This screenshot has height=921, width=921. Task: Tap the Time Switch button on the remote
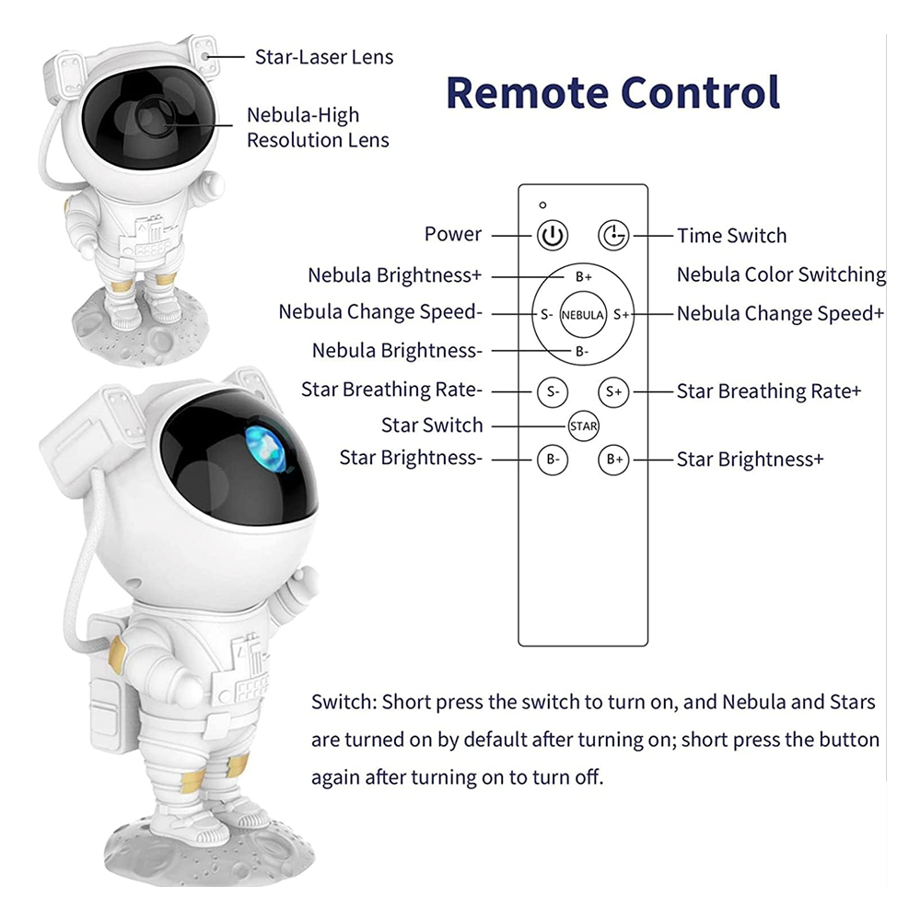point(613,235)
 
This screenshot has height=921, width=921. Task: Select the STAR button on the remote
point(583,426)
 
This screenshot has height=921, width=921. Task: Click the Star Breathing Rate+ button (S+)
point(613,391)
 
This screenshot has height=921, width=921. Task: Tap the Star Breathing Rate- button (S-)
point(553,391)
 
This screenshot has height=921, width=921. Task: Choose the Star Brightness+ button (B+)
point(613,459)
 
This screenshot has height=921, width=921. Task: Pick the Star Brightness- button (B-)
point(553,459)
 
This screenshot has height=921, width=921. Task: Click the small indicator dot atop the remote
point(543,204)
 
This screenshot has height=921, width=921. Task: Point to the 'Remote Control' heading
point(612,92)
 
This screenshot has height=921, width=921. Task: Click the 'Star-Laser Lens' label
point(323,57)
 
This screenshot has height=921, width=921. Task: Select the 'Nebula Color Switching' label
point(781,274)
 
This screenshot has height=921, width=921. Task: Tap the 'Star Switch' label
point(431,426)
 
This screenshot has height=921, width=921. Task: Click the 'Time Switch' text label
point(731,236)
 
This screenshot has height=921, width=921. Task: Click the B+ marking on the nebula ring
point(583,277)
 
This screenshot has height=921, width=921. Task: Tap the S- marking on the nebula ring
point(546,314)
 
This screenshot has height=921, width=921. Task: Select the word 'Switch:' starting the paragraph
point(344,703)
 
